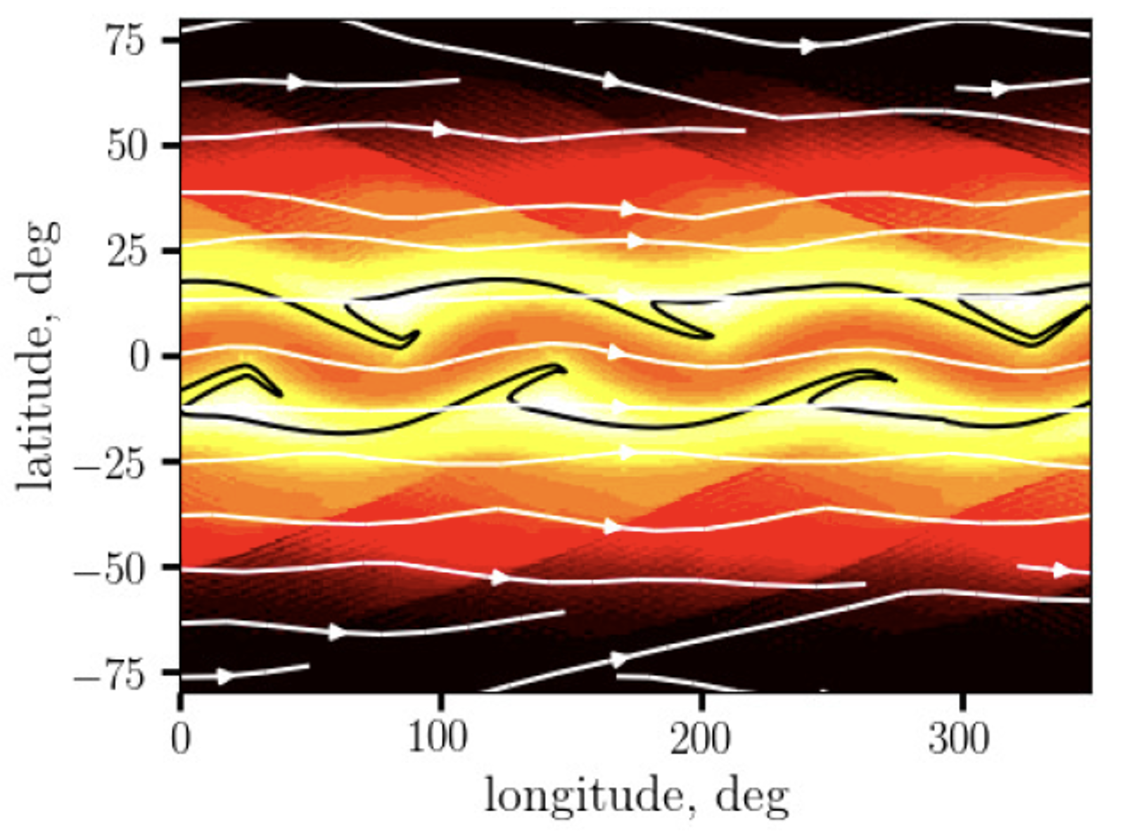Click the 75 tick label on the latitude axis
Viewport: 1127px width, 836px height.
[125, 41]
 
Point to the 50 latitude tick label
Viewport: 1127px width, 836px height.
[125, 146]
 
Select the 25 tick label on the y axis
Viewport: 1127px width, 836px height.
[125, 251]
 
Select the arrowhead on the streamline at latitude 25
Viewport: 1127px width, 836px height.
[635, 241]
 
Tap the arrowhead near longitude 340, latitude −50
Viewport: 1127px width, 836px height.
[1061, 570]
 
